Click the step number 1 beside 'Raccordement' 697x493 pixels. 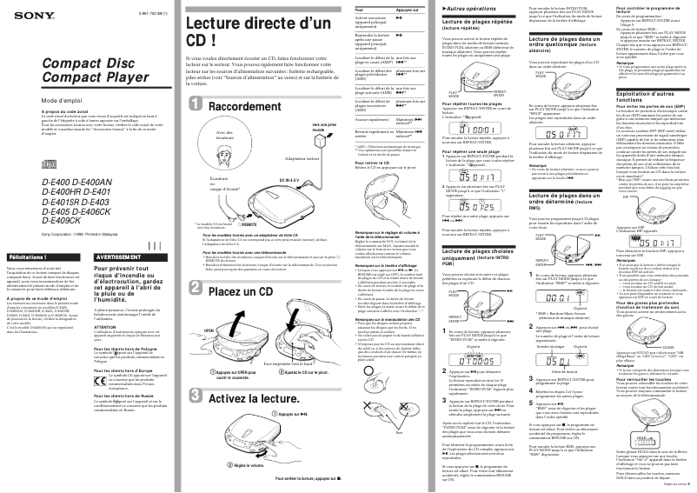click(196, 105)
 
